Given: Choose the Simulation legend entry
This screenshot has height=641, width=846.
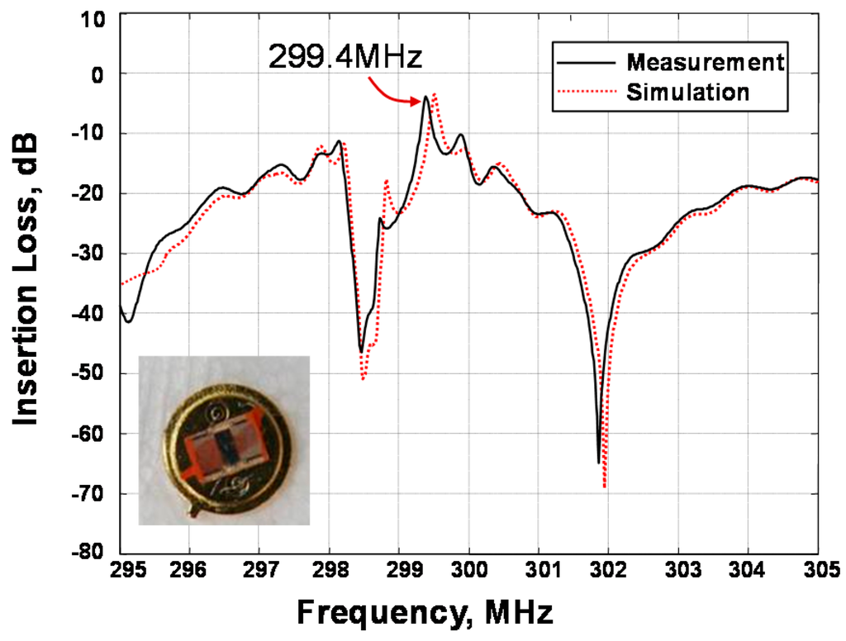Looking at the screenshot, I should (x=687, y=92).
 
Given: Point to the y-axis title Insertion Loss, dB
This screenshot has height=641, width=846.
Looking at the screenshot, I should (x=27, y=282).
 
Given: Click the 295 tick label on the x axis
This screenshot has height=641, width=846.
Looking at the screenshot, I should (x=120, y=570).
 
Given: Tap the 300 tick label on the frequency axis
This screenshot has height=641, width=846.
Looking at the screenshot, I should (x=468, y=570).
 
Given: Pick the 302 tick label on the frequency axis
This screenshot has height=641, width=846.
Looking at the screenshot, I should (x=608, y=570).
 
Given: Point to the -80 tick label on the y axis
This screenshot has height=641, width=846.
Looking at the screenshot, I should (x=86, y=553).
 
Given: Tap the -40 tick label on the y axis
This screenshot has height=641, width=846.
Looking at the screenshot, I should (x=86, y=314).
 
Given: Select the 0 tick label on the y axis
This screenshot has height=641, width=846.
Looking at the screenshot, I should (x=98, y=74).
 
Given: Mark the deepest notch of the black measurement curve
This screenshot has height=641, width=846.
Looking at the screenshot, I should (x=599, y=462).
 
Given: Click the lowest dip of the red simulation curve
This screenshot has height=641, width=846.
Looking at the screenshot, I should (x=605, y=487).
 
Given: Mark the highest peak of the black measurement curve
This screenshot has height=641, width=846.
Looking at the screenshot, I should (x=425, y=97).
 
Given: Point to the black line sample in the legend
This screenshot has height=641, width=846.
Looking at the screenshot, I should (x=582, y=63).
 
